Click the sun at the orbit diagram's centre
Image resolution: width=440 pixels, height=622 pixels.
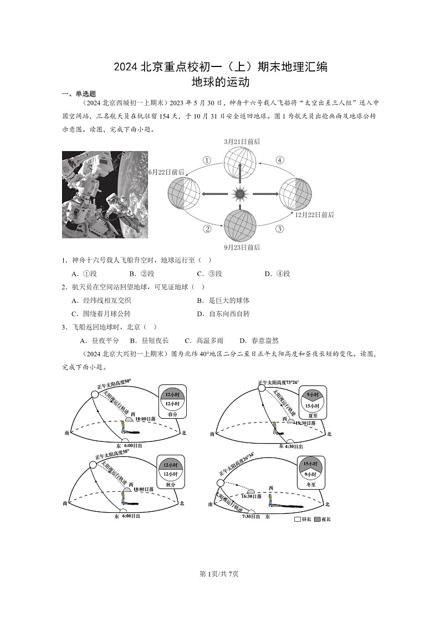click(239, 194)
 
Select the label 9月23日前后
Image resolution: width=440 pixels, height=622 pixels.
click(242, 247)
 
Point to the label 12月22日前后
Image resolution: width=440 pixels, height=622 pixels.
click(314, 215)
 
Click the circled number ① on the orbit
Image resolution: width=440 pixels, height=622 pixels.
click(207, 161)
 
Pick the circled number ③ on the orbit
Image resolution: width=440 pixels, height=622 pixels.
click(280, 229)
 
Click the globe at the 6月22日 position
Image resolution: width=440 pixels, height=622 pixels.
click(184, 193)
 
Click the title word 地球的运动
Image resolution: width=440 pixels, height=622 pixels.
click(220, 82)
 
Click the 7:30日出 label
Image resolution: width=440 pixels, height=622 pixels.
click(251, 516)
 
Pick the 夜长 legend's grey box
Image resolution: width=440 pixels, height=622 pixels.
click(318, 519)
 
